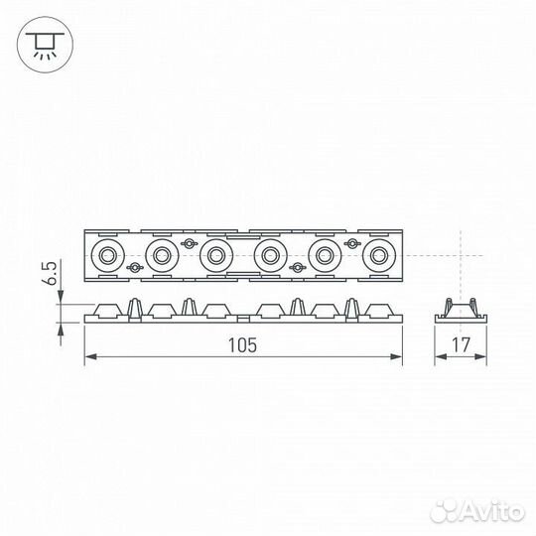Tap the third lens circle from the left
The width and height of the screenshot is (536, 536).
(x=213, y=256)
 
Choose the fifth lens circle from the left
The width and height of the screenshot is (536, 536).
(x=323, y=256)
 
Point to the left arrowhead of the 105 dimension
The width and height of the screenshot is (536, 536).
(x=88, y=356)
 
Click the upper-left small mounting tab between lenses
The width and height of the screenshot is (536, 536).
(x=188, y=244)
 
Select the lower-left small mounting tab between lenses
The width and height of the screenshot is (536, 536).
(x=134, y=268)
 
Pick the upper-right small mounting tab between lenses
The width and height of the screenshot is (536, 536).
(x=348, y=244)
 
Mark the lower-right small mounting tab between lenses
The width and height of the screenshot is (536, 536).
(x=295, y=268)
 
